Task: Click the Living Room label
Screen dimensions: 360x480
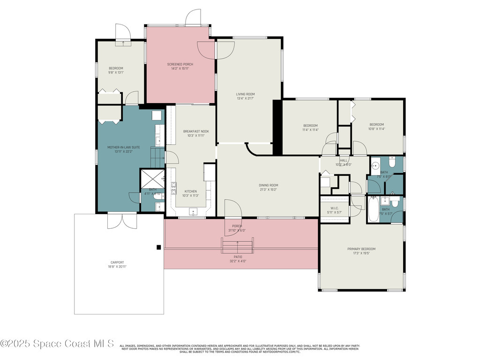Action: coord(245,94)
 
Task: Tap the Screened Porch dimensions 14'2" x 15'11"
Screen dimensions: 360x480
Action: coord(180,69)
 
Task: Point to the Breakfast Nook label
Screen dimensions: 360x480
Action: coord(196,131)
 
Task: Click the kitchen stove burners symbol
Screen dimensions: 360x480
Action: coord(173,189)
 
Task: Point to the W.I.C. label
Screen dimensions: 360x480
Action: coord(334,208)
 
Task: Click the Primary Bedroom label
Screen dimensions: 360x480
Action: coord(361,249)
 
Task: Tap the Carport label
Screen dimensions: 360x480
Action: coord(118,262)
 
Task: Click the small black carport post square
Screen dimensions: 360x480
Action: coord(159,247)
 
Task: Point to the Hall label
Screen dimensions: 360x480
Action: coord(344,160)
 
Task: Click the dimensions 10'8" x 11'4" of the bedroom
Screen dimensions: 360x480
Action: coord(376,129)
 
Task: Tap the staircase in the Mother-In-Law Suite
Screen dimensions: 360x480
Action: coord(157,157)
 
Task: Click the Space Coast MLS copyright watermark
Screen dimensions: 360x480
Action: coord(57,344)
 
